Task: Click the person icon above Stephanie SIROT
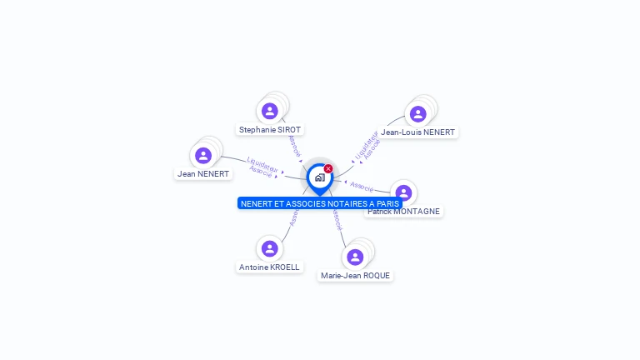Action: pos(269,111)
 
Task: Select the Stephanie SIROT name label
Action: pos(270,130)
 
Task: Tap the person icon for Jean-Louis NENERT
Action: pos(417,114)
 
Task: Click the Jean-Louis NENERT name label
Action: pos(417,132)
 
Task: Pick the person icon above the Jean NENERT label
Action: pos(203,156)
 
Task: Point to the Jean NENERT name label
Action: pos(202,174)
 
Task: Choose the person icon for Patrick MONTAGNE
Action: pos(403,193)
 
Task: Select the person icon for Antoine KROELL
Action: pos(269,248)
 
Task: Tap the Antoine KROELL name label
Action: pos(269,267)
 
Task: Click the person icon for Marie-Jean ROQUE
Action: pos(355,257)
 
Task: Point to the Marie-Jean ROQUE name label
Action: pos(355,276)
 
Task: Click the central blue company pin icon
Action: pos(319,177)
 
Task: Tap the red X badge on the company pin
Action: pos(328,168)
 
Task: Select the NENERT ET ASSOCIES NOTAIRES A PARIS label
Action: pos(320,203)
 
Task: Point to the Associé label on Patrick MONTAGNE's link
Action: pos(362,186)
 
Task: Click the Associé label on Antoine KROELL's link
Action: pos(293,217)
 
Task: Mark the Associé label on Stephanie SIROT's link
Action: pos(293,147)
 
